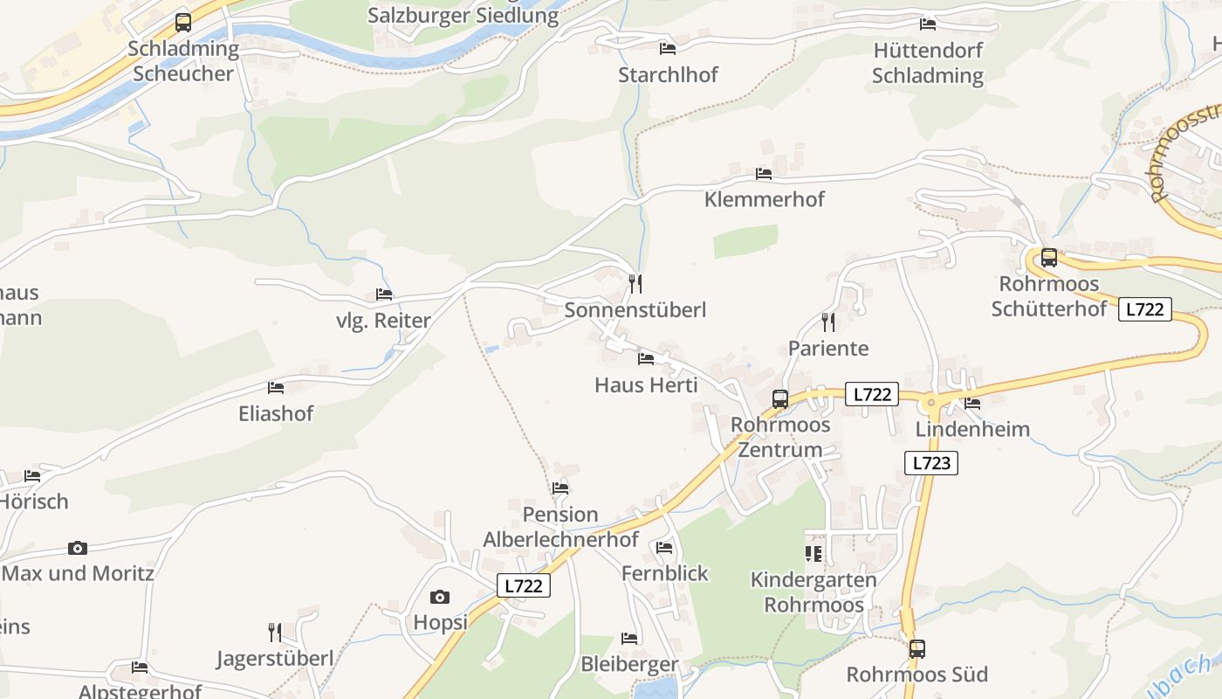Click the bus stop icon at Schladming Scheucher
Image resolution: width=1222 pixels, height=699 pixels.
[x=182, y=23]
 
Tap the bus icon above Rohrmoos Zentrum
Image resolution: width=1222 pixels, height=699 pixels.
[x=779, y=399]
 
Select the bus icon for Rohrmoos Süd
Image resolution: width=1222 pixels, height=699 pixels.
[x=916, y=649]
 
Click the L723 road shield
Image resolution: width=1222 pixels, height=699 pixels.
[x=930, y=463]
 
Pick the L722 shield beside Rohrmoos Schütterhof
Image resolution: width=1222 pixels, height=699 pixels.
[x=1144, y=309]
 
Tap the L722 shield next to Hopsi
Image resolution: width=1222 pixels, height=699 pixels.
[x=524, y=585]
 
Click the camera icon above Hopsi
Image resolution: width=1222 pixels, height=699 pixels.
[x=440, y=598]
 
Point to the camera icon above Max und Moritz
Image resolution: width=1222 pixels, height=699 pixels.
[x=78, y=549]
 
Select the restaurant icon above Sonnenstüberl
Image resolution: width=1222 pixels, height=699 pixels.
[x=635, y=284]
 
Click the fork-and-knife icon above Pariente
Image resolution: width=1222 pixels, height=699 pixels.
[x=827, y=322]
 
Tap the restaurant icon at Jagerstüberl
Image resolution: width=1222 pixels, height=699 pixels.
[x=274, y=632]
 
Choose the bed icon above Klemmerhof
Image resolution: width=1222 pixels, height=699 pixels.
[x=764, y=174]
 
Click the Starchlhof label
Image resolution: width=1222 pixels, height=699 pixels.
[x=668, y=75]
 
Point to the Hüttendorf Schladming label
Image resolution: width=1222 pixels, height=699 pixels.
[x=928, y=63]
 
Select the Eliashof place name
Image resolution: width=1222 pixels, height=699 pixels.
[x=276, y=413]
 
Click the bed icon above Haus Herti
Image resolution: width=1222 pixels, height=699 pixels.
[x=646, y=358]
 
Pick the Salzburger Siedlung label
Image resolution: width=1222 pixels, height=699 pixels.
[x=463, y=16]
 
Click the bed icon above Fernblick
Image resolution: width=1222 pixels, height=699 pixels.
[x=664, y=548]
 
